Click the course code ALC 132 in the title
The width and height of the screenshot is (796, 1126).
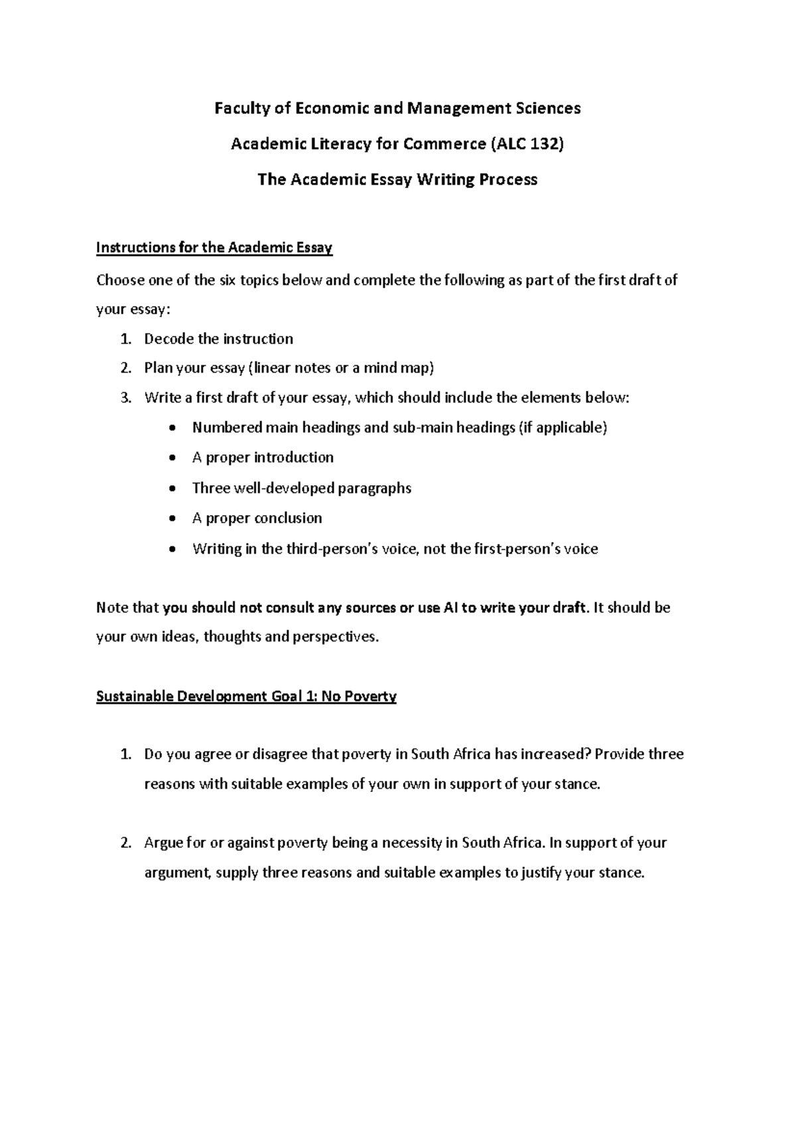coord(527,143)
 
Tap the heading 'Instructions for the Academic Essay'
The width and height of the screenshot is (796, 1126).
coord(214,248)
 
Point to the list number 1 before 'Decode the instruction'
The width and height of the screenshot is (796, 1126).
coord(125,339)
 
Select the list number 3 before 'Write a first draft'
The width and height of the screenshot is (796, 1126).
coord(125,398)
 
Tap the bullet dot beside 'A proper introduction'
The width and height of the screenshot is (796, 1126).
coord(173,458)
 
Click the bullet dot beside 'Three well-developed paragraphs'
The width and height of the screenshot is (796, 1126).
coord(173,489)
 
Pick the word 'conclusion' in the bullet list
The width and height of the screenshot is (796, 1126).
coord(289,518)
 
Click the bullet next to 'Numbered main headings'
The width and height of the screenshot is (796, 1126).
coord(173,428)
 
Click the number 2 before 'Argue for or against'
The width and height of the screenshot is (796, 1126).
coord(125,843)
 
